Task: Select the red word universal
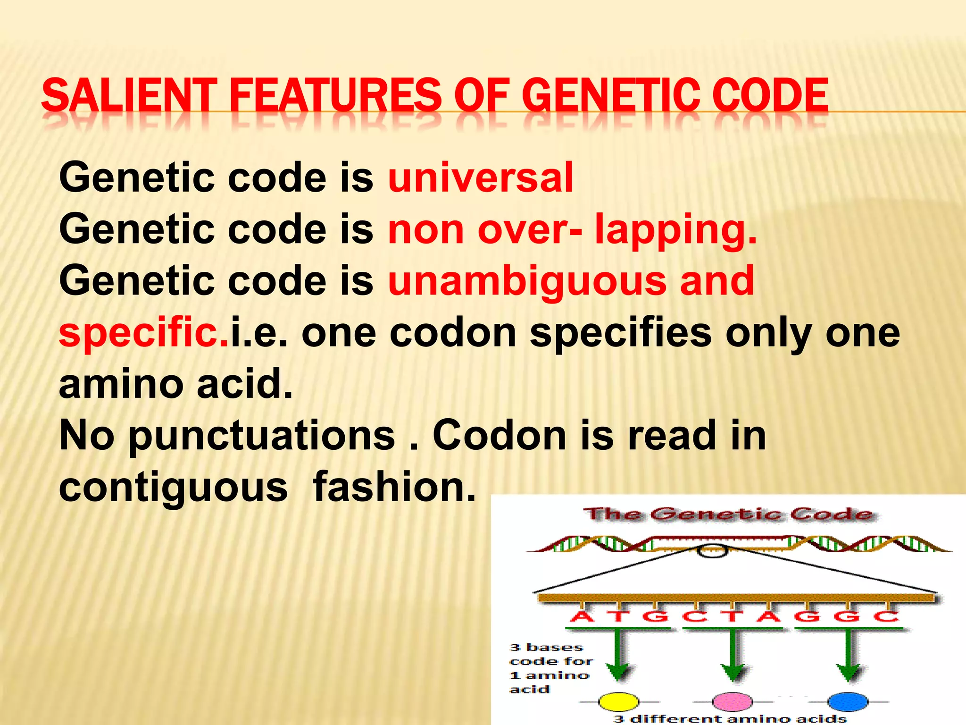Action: pyautogui.click(x=480, y=178)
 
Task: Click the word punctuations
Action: pyautogui.click(x=262, y=436)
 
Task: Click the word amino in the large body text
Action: pyautogui.click(x=121, y=384)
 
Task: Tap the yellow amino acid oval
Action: pyautogui.click(x=618, y=702)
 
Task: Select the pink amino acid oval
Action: pyautogui.click(x=733, y=702)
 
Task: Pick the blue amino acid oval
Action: pyautogui.click(x=848, y=702)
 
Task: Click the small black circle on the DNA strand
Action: pyautogui.click(x=712, y=551)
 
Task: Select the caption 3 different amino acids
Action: pyautogui.click(x=730, y=719)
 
